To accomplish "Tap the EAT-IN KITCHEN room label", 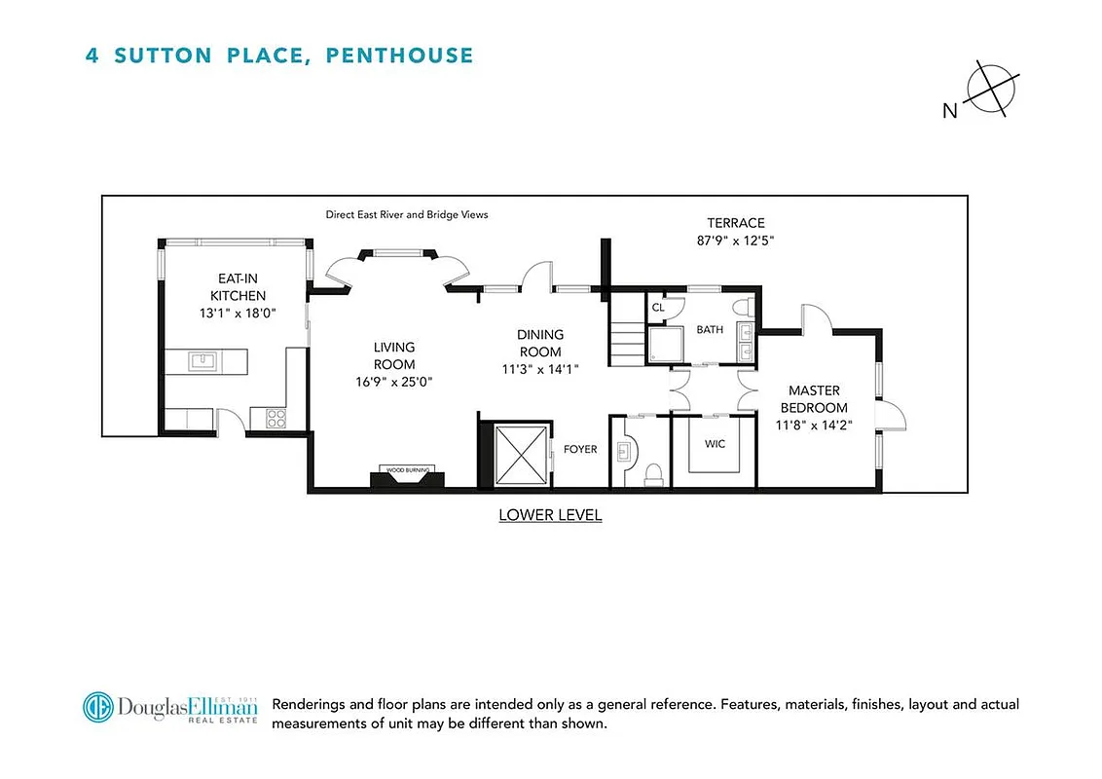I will click(x=239, y=287).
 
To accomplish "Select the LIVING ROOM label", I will click(x=394, y=355).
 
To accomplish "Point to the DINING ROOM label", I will click(x=540, y=343).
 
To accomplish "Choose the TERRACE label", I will click(x=735, y=223).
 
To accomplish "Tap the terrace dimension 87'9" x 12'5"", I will click(x=735, y=240).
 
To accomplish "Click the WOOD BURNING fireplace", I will click(x=409, y=476).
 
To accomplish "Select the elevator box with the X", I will click(x=522, y=455).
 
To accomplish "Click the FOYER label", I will click(x=579, y=450).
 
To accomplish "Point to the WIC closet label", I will click(x=715, y=443).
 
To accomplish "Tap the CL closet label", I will click(x=658, y=307).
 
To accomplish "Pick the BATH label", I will click(x=709, y=329).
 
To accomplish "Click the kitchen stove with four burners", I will click(x=275, y=419).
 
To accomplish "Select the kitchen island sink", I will click(x=204, y=362).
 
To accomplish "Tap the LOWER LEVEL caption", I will click(x=550, y=515).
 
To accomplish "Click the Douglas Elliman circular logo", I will click(x=97, y=708).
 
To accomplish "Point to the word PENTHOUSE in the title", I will click(x=399, y=55).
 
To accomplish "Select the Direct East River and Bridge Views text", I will click(x=407, y=214).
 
